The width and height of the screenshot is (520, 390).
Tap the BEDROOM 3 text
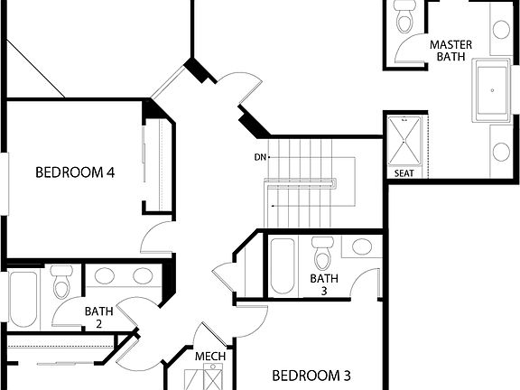click(x=311, y=375)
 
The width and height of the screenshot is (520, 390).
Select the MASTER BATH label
click(x=450, y=51)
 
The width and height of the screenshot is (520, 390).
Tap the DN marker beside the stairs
click(x=260, y=157)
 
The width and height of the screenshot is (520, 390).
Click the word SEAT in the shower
click(x=404, y=172)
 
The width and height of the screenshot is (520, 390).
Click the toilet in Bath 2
click(x=61, y=283)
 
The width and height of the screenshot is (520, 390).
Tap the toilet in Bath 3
click(x=322, y=251)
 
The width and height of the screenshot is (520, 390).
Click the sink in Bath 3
click(x=362, y=248)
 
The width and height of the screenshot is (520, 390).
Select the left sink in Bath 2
click(x=104, y=276)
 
